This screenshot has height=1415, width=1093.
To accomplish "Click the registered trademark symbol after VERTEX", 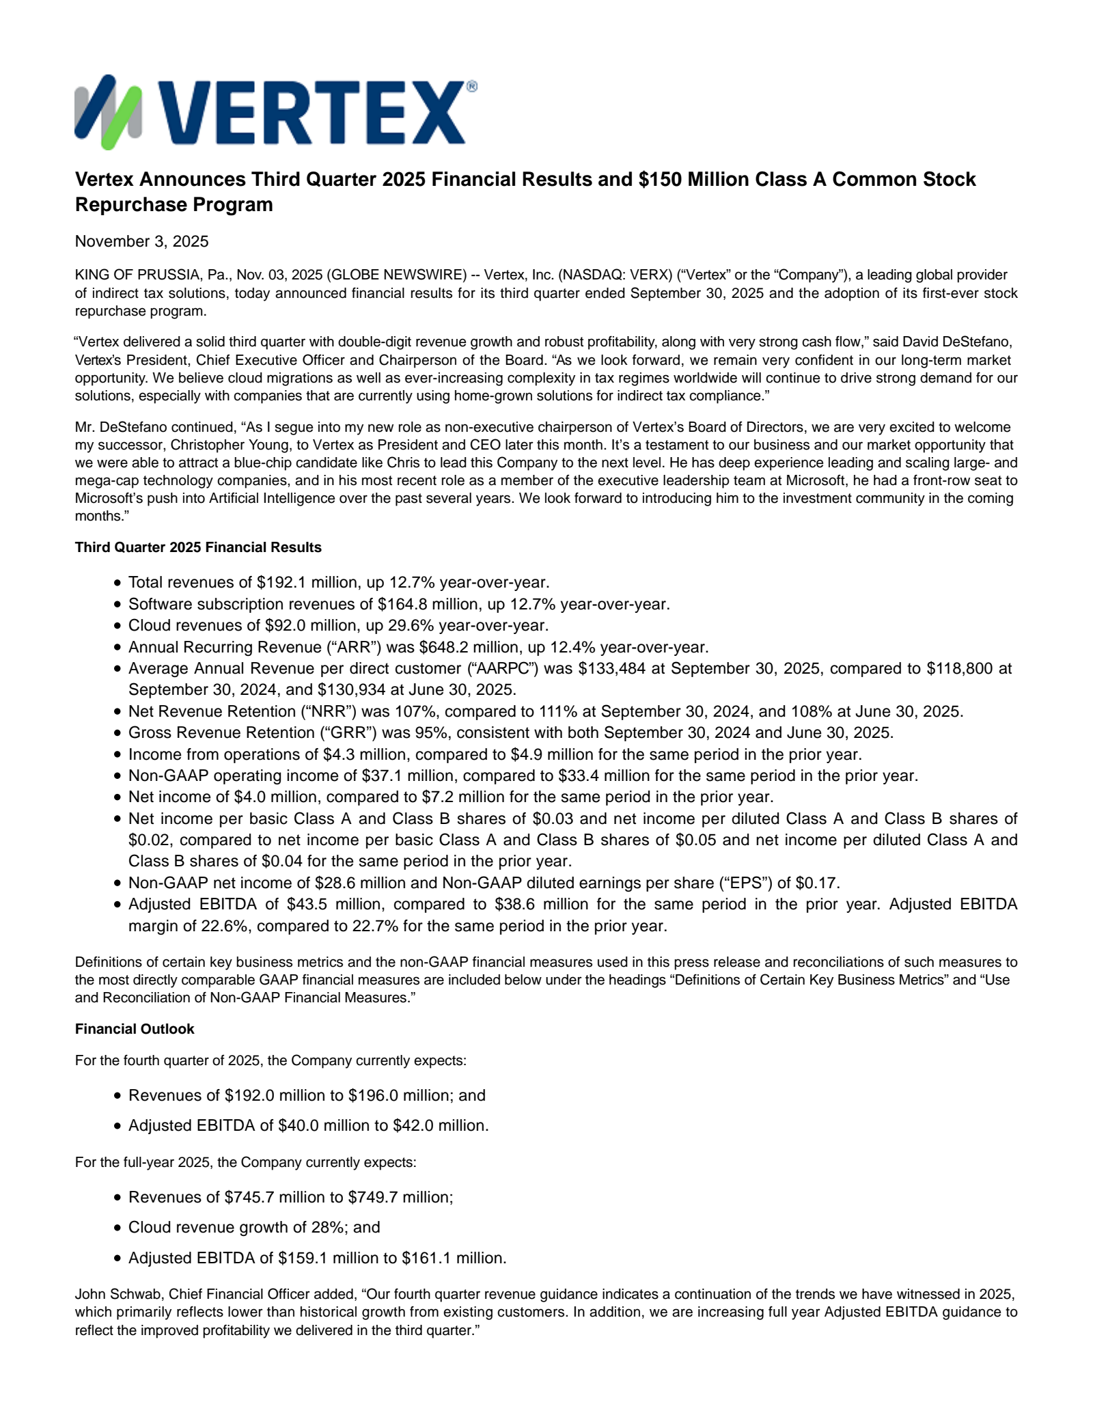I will pyautogui.click(x=471, y=87).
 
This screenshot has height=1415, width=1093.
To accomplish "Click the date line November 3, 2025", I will pyautogui.click(x=141, y=241).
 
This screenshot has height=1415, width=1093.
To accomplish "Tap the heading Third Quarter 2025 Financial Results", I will pyautogui.click(x=198, y=547).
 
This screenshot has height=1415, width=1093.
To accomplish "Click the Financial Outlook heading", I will pyautogui.click(x=135, y=1029).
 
